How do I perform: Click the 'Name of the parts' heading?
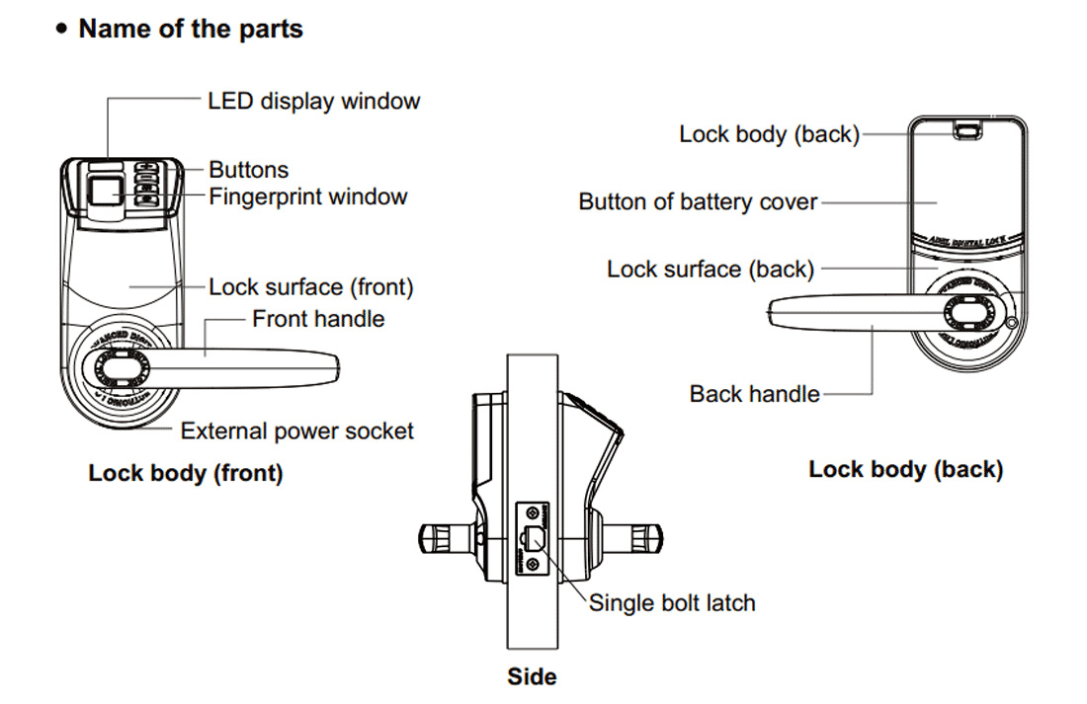tap(191, 29)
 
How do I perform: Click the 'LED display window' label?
tap(313, 101)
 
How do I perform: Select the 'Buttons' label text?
tap(248, 170)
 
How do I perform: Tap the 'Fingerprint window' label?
tap(307, 196)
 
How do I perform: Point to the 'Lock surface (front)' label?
tap(310, 287)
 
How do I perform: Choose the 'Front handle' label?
tap(318, 319)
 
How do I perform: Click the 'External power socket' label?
tap(296, 431)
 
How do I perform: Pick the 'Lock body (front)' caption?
tap(186, 473)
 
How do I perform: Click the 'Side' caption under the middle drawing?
tap(532, 676)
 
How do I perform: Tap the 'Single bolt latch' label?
tap(672, 602)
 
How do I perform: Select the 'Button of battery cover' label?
tap(698, 202)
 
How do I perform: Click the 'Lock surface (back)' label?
tap(711, 269)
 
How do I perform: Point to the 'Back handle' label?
tap(755, 394)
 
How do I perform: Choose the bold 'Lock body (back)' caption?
tap(905, 469)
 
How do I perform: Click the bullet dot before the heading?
tap(61, 30)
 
